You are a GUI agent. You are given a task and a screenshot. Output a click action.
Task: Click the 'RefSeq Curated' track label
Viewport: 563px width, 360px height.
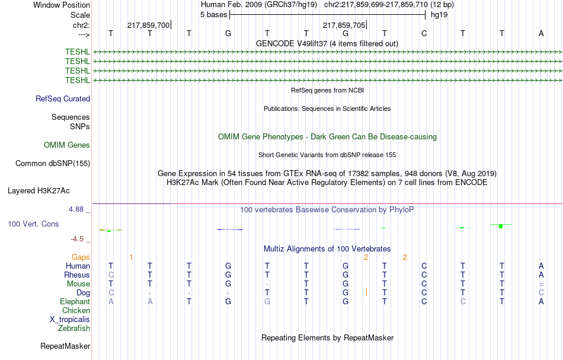click(63, 99)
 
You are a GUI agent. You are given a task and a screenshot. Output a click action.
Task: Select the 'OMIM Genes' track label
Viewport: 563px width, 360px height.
click(67, 145)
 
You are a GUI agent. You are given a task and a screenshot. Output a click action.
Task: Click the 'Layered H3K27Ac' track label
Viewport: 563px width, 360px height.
click(39, 191)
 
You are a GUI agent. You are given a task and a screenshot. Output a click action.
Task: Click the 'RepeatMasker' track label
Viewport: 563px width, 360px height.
click(65, 346)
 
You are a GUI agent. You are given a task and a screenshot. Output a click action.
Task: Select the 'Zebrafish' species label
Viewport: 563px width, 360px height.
click(74, 328)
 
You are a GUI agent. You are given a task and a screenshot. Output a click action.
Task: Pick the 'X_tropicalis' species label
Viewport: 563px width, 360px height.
click(70, 319)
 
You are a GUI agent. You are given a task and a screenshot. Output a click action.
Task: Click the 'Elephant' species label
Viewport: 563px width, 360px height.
click(75, 302)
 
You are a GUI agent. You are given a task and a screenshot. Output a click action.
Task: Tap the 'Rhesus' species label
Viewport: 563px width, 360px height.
click(77, 275)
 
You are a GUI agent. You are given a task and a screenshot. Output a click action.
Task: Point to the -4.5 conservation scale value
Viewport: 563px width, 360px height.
click(78, 239)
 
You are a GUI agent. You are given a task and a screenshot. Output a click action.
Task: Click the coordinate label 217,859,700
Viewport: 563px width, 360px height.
click(148, 26)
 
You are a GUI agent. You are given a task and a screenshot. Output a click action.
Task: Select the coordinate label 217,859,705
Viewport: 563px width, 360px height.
click(344, 26)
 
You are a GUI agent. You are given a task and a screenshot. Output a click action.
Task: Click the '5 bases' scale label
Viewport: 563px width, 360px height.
click(213, 14)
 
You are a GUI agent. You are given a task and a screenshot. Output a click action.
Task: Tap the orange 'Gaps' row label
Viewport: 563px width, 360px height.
click(81, 257)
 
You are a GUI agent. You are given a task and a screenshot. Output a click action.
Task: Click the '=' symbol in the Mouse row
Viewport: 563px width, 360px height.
click(541, 284)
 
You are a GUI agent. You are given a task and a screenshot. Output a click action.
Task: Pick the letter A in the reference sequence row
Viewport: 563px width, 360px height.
click(541, 33)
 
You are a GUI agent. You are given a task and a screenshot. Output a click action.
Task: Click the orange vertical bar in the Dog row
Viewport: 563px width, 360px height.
click(367, 292)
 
